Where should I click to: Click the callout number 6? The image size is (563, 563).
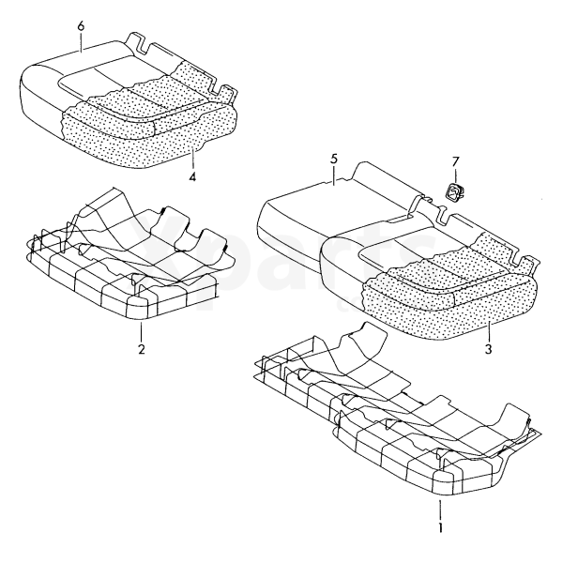point(81,26)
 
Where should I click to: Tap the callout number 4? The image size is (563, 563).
point(192,176)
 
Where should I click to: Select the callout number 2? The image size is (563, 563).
point(142,349)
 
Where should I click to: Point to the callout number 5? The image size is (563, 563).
point(334,160)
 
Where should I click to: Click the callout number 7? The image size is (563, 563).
point(455,162)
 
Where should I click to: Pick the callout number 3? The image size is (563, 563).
point(488,349)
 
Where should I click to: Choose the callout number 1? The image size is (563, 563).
point(441,527)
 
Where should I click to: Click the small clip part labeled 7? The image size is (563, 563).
point(453,190)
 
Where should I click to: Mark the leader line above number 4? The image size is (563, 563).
point(193,159)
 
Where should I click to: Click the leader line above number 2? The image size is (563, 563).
point(141,332)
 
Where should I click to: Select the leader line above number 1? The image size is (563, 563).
point(441,510)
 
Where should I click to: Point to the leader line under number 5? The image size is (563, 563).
point(334,175)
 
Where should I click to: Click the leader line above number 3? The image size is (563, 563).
point(489,332)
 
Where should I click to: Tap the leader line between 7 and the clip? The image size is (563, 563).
point(455,176)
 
